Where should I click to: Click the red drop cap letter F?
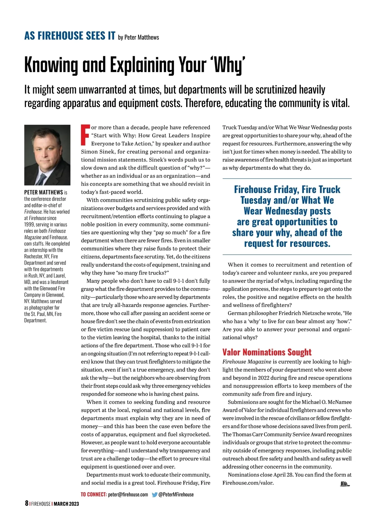pyautogui.click(x=85, y=135)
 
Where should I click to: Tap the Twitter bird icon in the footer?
pyautogui.click(x=154, y=495)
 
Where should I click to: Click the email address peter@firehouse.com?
pyautogui.click(x=128, y=495)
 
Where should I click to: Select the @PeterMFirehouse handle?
pyautogui.click(x=176, y=495)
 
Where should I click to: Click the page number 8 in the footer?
pyautogui.click(x=26, y=503)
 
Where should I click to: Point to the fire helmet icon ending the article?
pyautogui.click(x=344, y=484)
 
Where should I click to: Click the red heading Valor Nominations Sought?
pyautogui.click(x=267, y=352)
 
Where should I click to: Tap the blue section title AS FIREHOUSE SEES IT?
pyautogui.click(x=70, y=36)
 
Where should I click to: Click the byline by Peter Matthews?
pyautogui.click(x=138, y=38)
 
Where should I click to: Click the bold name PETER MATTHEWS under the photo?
pyautogui.click(x=44, y=192)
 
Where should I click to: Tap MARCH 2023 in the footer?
pyautogui.click(x=66, y=504)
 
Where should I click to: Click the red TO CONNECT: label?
pyautogui.click(x=93, y=495)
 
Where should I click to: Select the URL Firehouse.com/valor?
pyautogui.click(x=248, y=483)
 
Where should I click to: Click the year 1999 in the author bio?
pyautogui.click(x=29, y=225)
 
